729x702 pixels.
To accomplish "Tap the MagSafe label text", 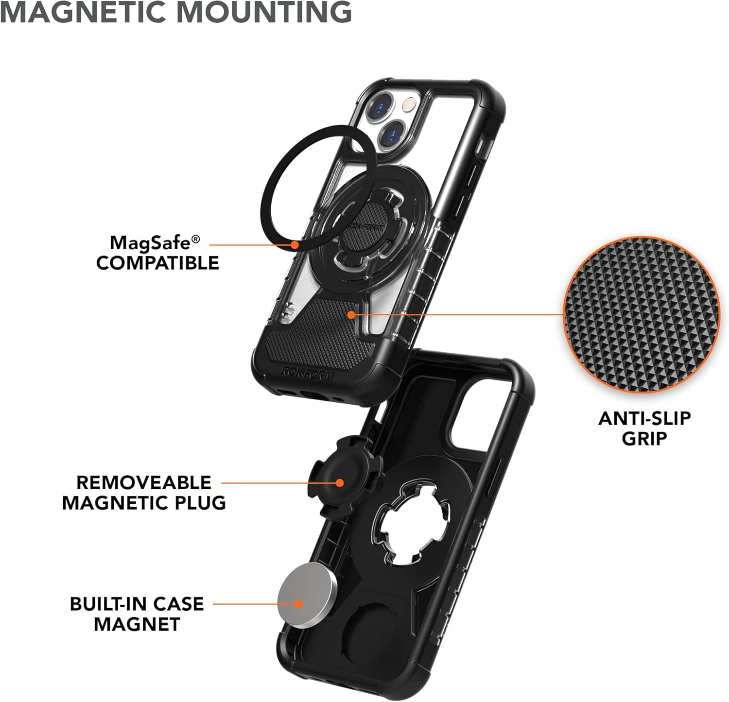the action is click(155, 241).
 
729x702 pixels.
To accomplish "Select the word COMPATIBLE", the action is click(157, 263).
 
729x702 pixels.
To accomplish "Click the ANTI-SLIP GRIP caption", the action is click(644, 428).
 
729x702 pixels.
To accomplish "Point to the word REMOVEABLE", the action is click(144, 482).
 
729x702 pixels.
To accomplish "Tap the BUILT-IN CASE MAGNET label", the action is click(137, 614).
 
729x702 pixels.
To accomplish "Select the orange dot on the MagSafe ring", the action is click(294, 245).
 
